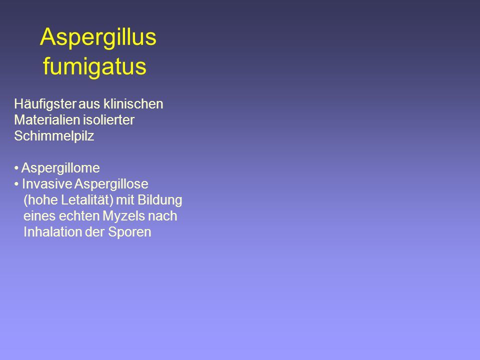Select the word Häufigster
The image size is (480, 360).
coord(45,104)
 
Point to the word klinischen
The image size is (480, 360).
coord(133,104)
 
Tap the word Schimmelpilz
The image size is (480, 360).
coord(54,136)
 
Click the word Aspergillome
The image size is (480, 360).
coord(60,168)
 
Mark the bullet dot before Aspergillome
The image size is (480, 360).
coord(16,168)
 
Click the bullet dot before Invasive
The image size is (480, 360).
coord(16,184)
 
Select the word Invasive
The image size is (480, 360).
coord(47,184)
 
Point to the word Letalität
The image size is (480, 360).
coord(87,200)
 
